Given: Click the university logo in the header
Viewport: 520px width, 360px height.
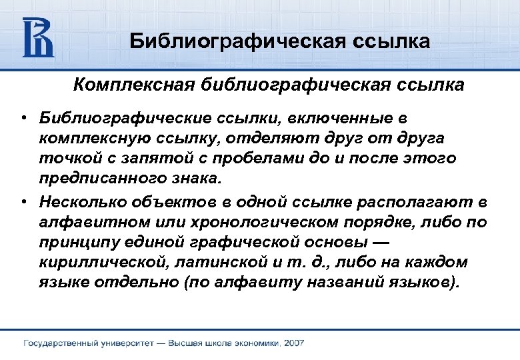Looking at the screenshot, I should [x=38, y=37].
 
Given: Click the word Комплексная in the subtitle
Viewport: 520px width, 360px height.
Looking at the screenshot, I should [x=130, y=85].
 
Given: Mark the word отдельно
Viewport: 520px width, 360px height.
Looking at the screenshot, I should [x=131, y=281].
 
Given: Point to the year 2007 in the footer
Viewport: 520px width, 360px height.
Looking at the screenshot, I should [x=293, y=343].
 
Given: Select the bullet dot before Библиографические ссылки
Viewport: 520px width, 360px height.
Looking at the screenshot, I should [x=23, y=118].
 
